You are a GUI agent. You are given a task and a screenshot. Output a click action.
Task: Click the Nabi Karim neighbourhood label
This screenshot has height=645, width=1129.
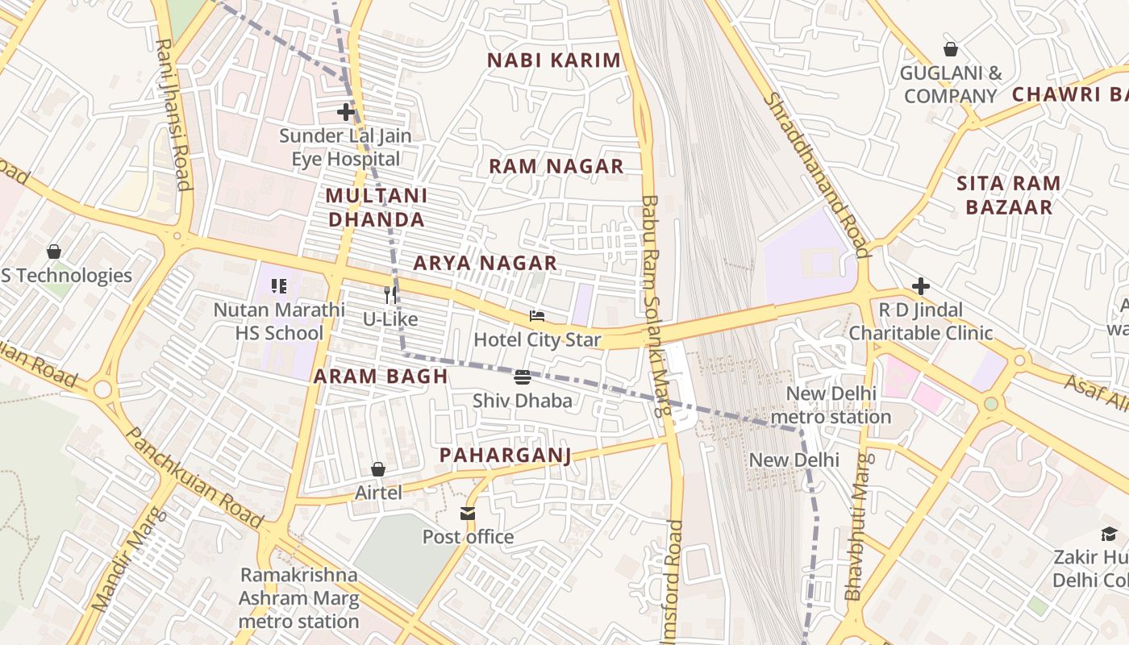click(555, 60)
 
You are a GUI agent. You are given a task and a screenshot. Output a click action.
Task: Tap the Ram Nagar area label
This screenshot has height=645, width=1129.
click(556, 167)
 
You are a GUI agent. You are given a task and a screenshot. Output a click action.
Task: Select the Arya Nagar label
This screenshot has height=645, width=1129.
click(485, 263)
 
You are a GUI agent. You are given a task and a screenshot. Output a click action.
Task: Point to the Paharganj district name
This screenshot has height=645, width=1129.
click(506, 456)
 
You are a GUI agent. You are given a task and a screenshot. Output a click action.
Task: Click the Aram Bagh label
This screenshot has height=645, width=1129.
click(381, 377)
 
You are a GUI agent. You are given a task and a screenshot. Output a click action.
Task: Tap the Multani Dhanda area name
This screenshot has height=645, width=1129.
click(376, 207)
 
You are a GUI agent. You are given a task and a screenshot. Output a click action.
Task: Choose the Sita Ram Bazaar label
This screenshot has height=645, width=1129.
click(1009, 195)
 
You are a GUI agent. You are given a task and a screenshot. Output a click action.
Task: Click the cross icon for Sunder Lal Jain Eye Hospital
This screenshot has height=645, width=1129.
click(346, 111)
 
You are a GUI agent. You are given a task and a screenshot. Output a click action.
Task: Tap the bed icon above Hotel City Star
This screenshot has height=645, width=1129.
click(537, 316)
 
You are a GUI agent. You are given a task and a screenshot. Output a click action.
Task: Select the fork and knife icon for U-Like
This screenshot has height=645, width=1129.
click(390, 295)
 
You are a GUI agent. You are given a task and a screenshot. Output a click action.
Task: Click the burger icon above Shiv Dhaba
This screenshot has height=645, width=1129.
click(523, 377)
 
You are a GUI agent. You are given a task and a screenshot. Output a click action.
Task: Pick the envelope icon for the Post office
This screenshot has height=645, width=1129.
click(468, 514)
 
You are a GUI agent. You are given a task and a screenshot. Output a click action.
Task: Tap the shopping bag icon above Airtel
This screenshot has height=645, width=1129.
click(377, 469)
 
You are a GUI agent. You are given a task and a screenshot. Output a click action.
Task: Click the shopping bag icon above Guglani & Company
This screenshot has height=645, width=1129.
click(951, 49)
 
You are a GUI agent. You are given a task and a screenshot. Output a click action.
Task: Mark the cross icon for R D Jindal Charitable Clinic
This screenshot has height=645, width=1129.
click(920, 286)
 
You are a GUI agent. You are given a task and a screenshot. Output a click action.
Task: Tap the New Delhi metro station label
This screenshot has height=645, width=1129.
click(831, 406)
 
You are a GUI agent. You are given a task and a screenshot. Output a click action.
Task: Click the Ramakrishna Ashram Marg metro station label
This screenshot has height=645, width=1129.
click(298, 598)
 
